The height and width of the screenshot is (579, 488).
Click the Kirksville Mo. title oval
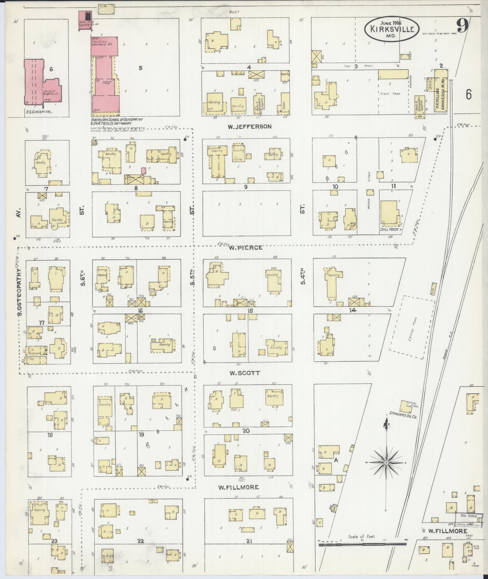(391, 29)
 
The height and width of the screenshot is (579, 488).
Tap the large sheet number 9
(462, 25)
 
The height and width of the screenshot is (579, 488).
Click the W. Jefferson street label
(250, 127)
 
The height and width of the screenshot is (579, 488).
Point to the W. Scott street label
(244, 373)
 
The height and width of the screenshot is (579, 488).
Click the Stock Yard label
(390, 94)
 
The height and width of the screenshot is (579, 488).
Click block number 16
(140, 311)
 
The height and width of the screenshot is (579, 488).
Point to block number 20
(246, 430)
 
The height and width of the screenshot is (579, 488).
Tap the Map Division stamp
(469, 516)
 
